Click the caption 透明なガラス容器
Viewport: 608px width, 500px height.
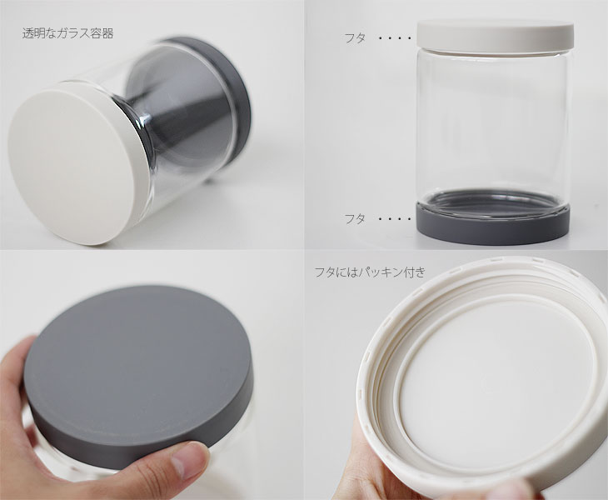point(67,33)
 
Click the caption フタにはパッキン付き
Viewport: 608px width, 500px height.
point(370,272)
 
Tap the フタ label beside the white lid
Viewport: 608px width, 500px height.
point(355,38)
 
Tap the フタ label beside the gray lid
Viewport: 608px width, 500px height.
point(355,219)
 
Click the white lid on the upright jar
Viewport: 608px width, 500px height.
point(496,35)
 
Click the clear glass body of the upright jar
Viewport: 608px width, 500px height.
point(494,124)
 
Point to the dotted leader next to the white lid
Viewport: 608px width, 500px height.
point(394,38)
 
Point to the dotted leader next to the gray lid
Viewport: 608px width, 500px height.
point(394,219)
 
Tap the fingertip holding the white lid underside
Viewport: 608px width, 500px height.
point(501,490)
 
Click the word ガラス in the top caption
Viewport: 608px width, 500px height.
point(74,33)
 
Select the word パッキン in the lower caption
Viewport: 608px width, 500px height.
point(380,272)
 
